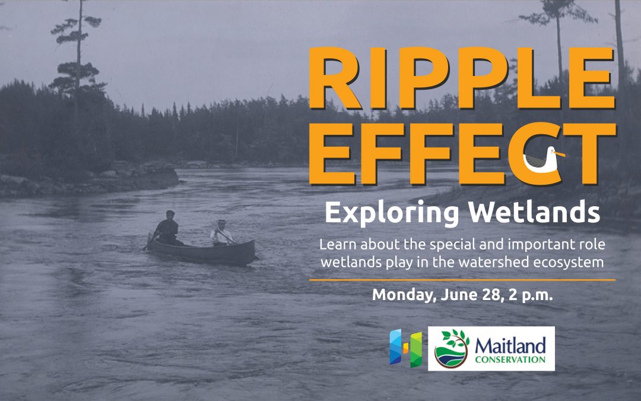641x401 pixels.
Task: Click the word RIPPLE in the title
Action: [462, 78]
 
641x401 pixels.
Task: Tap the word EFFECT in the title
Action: [462, 154]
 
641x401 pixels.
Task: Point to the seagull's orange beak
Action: [560, 154]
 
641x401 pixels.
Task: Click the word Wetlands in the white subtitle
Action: [534, 211]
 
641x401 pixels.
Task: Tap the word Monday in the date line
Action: [404, 295]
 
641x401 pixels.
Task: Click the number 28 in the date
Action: [492, 295]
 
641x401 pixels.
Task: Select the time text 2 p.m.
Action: [531, 295]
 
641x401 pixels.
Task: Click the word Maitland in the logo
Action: [510, 346]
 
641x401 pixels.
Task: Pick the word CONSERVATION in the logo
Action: [510, 360]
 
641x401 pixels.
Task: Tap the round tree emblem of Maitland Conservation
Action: [451, 349]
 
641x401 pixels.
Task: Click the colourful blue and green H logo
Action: [405, 348]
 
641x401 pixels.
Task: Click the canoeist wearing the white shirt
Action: [221, 233]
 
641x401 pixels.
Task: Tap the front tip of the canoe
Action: [254, 242]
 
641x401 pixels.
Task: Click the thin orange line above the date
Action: [462, 280]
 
